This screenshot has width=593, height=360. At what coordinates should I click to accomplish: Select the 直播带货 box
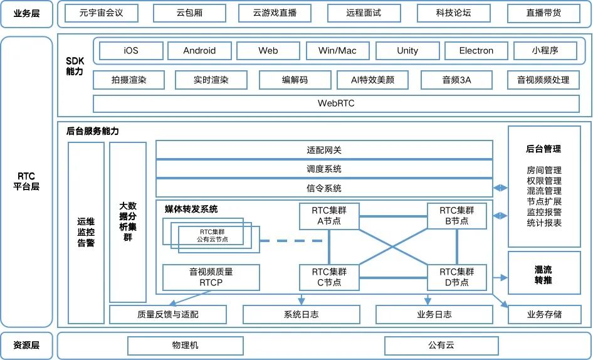pos(543,13)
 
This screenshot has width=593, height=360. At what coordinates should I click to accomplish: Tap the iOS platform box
pos(130,51)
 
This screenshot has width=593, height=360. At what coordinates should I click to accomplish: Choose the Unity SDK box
pos(407,51)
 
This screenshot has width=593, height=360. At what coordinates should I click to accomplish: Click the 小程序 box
pos(545,51)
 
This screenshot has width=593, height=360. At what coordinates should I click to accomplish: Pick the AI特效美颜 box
pos(372,80)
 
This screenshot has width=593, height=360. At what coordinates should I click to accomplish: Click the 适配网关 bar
pos(324,151)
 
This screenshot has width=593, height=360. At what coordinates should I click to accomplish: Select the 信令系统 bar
pos(324,188)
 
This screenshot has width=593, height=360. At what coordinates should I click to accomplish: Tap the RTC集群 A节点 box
pos(329,216)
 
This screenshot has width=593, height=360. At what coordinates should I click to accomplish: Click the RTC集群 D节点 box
pos(457,277)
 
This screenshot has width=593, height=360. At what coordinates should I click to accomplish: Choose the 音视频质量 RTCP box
pos(211,277)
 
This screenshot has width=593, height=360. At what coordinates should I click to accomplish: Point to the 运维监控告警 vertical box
pos(86,233)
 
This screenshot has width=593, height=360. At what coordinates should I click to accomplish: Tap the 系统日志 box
pos(302,314)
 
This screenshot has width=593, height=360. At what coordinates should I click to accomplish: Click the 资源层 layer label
pos(26,345)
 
